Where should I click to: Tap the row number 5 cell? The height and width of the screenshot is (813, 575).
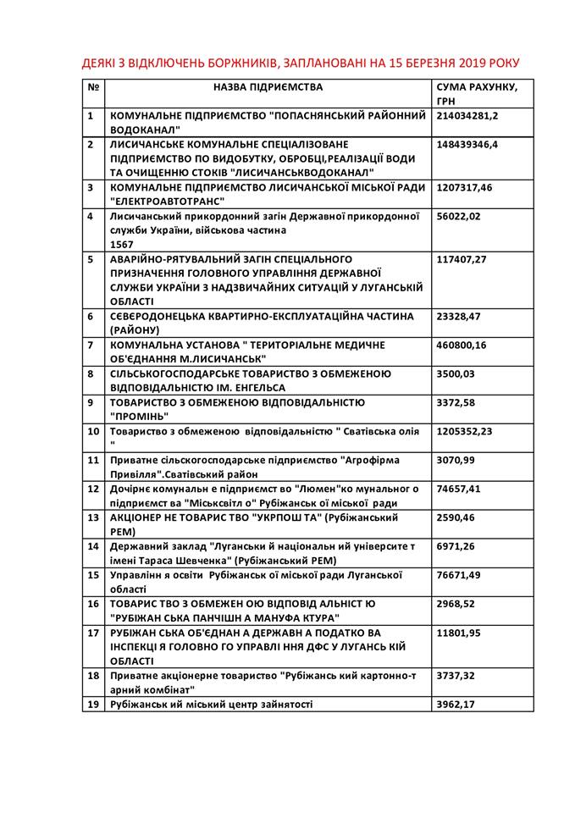[x=90, y=258]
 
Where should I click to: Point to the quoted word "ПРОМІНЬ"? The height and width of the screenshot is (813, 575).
[x=140, y=416]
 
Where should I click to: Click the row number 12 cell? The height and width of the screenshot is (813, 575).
[x=93, y=489]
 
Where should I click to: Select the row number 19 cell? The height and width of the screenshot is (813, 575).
[x=93, y=704]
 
